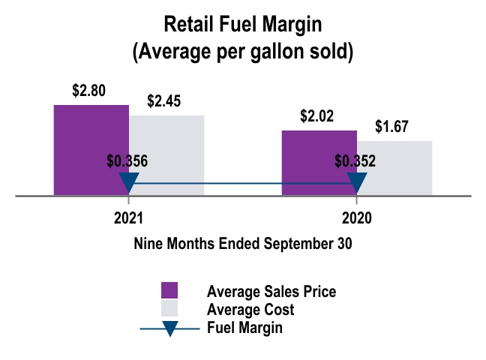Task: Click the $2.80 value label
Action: point(88,91)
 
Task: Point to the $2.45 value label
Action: point(163,101)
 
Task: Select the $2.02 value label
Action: point(316,117)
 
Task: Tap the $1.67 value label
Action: point(391,127)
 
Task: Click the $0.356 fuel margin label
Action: point(127,160)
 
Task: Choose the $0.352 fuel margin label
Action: point(355,160)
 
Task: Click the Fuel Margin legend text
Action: point(244,328)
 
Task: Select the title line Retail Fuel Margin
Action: point(242,25)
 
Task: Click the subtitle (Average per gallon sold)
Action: point(242,53)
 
